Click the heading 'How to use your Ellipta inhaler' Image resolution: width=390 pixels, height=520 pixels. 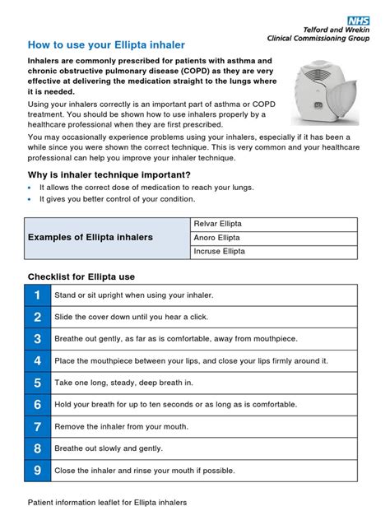tap(106, 44)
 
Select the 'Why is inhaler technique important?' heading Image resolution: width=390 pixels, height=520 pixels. tap(109, 174)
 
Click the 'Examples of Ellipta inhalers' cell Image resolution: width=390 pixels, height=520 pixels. tap(91, 238)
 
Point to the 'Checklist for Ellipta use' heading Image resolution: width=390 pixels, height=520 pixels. tap(81, 276)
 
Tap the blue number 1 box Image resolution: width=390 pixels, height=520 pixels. tap(37, 295)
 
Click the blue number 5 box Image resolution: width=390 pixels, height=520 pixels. tap(37, 383)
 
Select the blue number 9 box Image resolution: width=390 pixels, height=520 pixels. tap(37, 470)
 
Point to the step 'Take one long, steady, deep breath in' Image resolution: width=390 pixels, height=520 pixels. tap(123, 383)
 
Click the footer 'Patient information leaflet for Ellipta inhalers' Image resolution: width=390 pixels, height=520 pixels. tap(108, 502)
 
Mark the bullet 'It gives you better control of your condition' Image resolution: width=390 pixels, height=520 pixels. tap(118, 199)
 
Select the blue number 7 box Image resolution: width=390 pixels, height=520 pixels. tap(37, 426)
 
